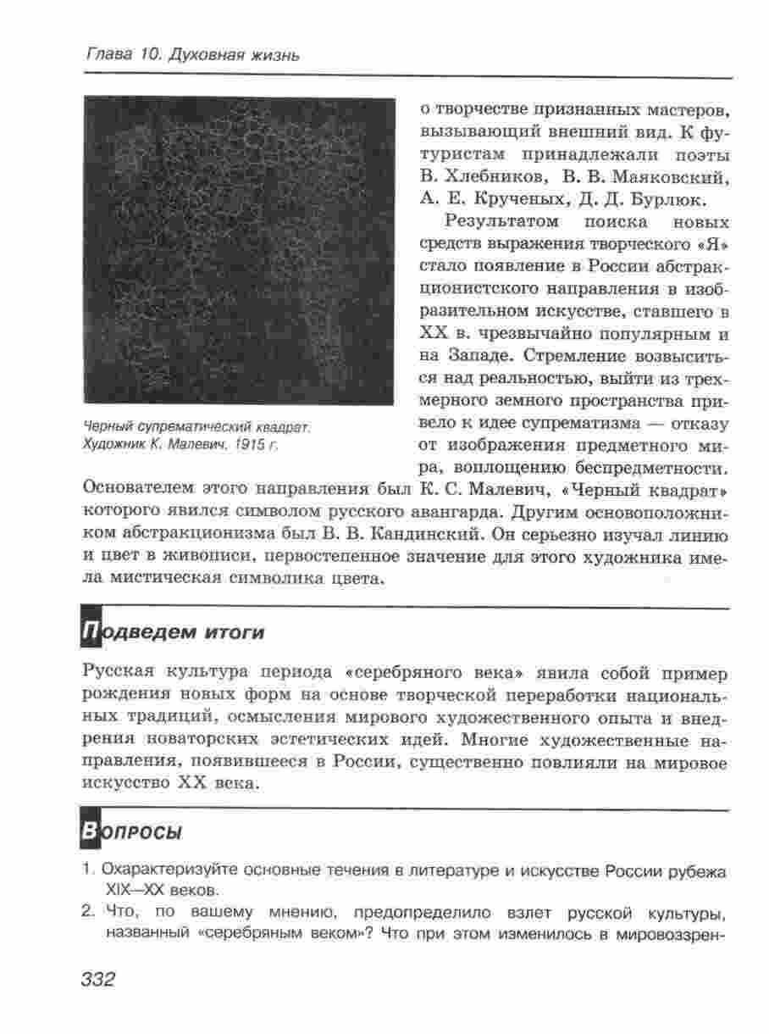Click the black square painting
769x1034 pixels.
coord(240,251)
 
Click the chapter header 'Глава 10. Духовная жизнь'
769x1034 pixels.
coord(192,56)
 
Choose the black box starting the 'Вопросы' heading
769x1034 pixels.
coord(90,831)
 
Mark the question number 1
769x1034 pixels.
coord(86,871)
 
